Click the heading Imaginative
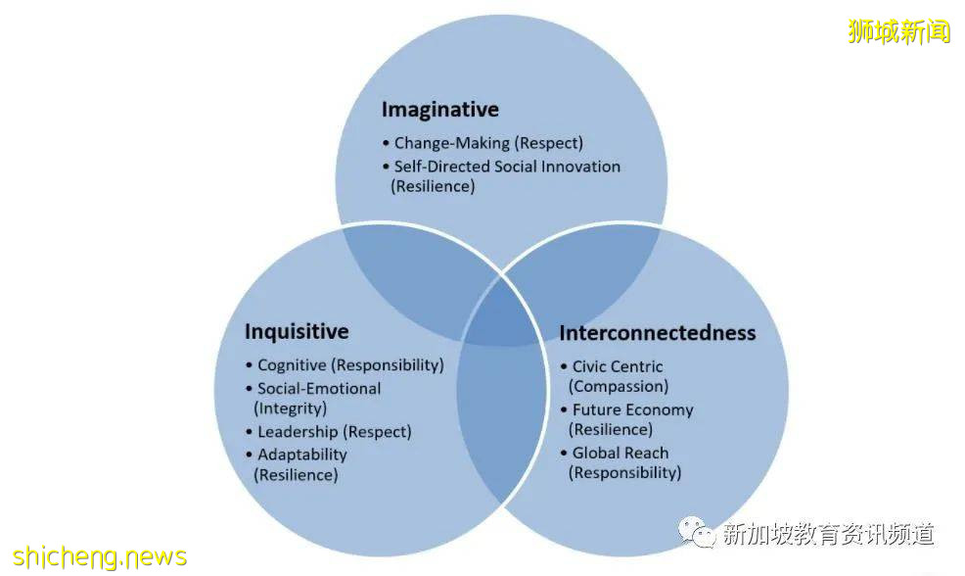pyautogui.click(x=440, y=110)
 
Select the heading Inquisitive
pyautogui.click(x=297, y=331)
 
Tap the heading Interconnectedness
pyautogui.click(x=658, y=333)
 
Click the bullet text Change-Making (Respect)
pyautogui.click(x=488, y=143)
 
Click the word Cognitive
pyautogui.click(x=292, y=365)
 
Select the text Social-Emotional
pyautogui.click(x=319, y=389)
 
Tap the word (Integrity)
pyautogui.click(x=291, y=408)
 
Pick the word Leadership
pyautogui.click(x=298, y=432)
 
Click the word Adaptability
pyautogui.click(x=302, y=456)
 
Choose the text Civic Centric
pyautogui.click(x=618, y=366)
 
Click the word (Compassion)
pyautogui.click(x=619, y=386)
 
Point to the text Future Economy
pyautogui.click(x=632, y=409)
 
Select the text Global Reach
pyautogui.click(x=620, y=453)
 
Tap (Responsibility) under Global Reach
pyautogui.click(x=624, y=472)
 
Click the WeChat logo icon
pyautogui.click(x=696, y=532)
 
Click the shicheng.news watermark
pyautogui.click(x=100, y=557)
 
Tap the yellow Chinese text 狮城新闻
pyautogui.click(x=899, y=31)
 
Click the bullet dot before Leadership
pyautogui.click(x=250, y=432)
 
